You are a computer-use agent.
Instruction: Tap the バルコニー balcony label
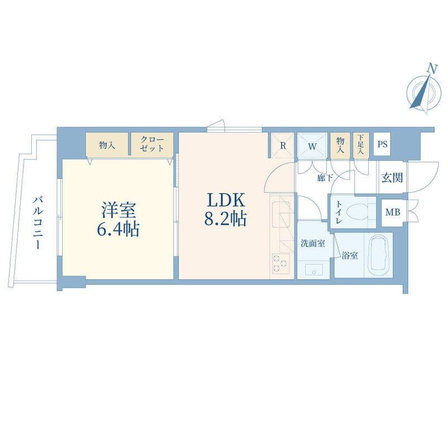click(37, 222)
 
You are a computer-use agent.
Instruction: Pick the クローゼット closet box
click(153, 144)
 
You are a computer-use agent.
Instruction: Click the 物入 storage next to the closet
click(107, 144)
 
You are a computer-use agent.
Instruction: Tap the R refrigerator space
click(283, 144)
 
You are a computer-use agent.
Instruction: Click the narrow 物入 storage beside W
click(340, 144)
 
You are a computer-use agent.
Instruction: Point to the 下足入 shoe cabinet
click(361, 144)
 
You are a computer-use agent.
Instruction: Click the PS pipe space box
click(382, 144)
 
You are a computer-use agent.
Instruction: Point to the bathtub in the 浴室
click(379, 256)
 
